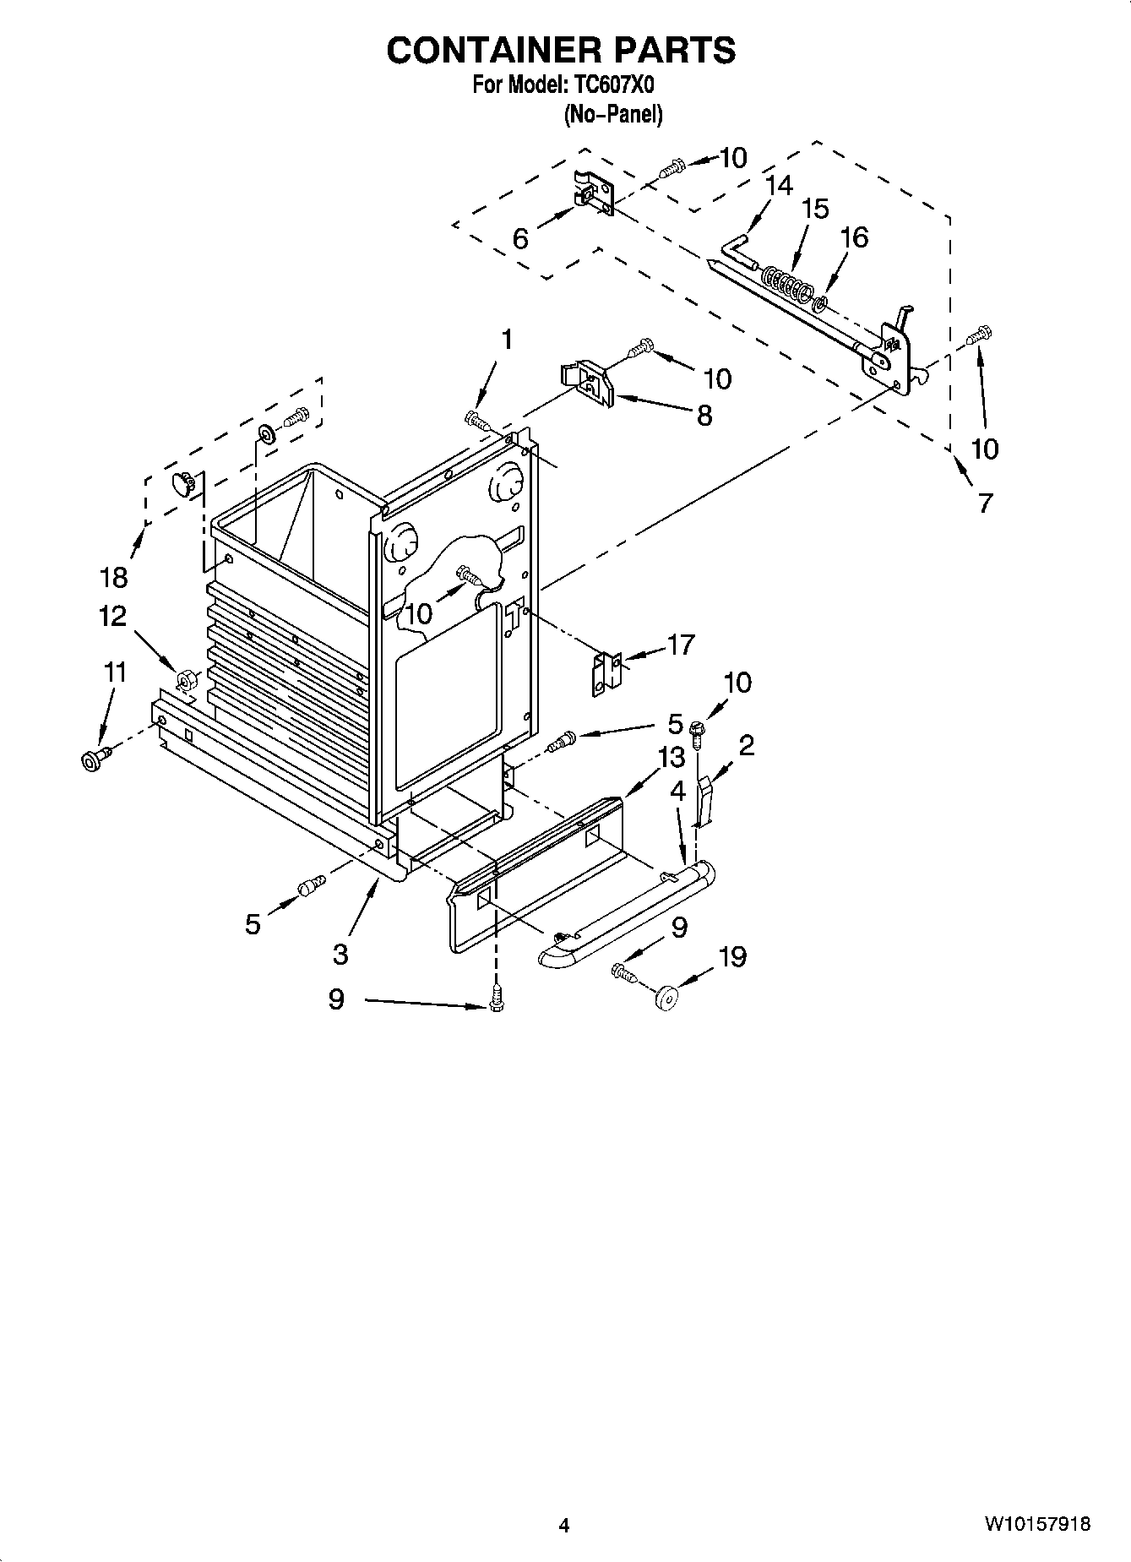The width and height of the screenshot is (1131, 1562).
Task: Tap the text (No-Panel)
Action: coord(612,114)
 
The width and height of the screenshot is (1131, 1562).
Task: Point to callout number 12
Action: coord(112,616)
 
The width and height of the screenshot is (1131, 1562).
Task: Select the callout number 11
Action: coord(114,672)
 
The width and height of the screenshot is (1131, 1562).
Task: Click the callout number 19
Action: coord(732,956)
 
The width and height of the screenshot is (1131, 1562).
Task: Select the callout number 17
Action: coord(680,645)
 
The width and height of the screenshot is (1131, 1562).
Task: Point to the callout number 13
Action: coord(672,758)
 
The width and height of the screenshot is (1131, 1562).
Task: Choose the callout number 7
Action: coord(985,503)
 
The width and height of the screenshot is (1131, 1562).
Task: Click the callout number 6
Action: coord(520,239)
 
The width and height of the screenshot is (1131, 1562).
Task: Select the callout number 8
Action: coord(704,415)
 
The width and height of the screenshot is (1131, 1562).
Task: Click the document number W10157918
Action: coord(1036,1524)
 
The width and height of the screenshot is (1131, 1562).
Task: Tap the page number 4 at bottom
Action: coord(564,1525)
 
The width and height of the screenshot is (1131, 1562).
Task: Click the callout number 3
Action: coord(340,954)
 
